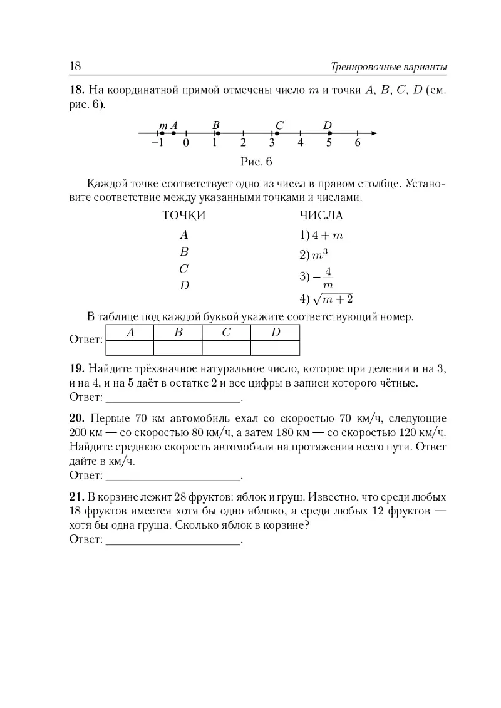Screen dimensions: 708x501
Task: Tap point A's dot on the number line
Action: coord(173,133)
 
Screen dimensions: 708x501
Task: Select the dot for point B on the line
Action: coord(215,133)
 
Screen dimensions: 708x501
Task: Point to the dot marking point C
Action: coord(276,133)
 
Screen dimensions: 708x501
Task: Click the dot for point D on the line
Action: coord(329,133)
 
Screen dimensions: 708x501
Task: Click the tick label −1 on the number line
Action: coord(157,143)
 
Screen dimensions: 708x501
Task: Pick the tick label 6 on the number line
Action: coord(358,143)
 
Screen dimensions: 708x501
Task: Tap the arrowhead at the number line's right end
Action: coord(374,133)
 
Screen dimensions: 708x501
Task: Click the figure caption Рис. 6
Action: coord(257,162)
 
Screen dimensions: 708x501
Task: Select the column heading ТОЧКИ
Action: coord(184,216)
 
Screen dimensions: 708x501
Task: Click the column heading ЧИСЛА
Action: coord(321,216)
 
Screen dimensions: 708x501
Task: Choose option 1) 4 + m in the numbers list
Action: coord(321,236)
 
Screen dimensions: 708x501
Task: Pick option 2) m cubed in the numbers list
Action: coord(314,254)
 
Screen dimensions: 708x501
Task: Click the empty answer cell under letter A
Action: coord(130,348)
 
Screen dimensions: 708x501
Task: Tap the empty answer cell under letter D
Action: coord(276,348)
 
